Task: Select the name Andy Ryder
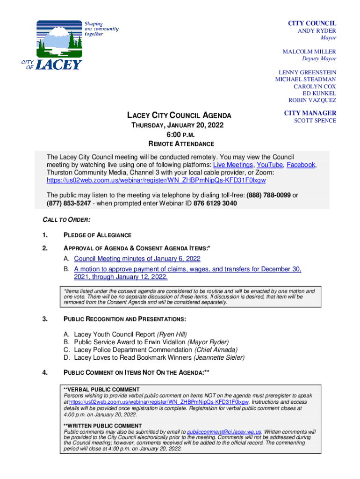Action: point(317,31)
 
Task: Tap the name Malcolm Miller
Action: point(309,51)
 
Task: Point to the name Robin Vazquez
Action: point(312,100)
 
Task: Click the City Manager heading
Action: point(310,113)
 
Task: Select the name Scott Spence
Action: point(315,121)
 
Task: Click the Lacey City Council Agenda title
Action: point(180,116)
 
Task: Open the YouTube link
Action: point(269,165)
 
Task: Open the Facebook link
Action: point(301,165)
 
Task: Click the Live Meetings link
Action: point(233,165)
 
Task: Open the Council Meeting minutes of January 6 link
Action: point(137,259)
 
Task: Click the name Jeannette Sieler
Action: point(219,358)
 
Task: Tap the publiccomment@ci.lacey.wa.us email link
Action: point(224,431)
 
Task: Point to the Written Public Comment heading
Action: point(102,426)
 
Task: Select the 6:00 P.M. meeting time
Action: point(180,135)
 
